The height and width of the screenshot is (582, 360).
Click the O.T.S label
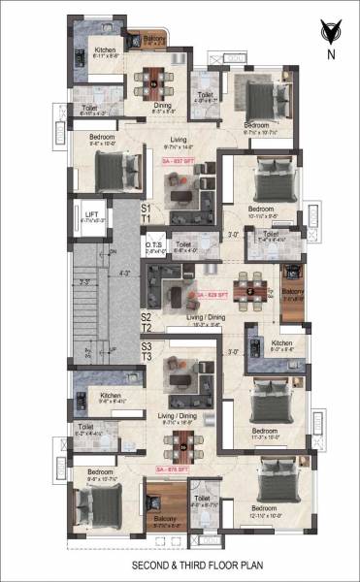tap(153, 245)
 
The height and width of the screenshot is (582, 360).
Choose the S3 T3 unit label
tap(147, 351)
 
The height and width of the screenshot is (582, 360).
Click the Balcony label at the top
tap(155, 39)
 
